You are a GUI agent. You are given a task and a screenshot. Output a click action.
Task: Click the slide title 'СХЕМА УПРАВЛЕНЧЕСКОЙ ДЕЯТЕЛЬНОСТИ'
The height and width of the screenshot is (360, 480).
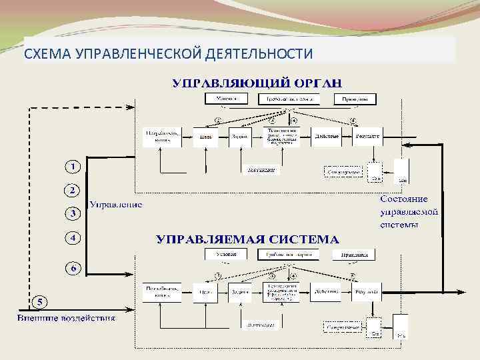(168, 53)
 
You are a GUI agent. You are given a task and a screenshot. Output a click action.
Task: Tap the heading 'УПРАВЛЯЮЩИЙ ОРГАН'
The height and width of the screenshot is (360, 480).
(257, 83)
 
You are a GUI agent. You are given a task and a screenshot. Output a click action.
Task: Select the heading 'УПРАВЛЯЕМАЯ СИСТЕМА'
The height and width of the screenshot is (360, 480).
(247, 238)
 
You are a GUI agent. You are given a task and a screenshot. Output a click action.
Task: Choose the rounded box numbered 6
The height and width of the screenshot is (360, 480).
(73, 268)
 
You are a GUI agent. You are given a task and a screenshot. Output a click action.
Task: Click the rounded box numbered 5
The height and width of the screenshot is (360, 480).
(40, 302)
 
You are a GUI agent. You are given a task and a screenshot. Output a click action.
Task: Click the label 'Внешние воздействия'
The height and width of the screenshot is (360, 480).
(66, 318)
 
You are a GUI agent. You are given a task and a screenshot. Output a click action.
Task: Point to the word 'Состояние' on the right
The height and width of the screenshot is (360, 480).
(404, 199)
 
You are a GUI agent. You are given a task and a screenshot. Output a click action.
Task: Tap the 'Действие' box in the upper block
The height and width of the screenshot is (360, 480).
(326, 136)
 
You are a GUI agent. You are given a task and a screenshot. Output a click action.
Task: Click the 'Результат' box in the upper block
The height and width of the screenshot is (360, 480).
(368, 136)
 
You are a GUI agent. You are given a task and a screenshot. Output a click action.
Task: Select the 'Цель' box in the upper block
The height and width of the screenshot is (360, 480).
(206, 136)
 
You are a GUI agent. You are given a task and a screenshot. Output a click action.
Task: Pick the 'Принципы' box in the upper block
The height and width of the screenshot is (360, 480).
(359, 99)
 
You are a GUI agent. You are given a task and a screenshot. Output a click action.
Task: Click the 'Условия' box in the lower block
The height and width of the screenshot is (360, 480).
(225, 254)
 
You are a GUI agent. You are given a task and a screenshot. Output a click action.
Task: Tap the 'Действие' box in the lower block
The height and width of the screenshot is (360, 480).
(325, 291)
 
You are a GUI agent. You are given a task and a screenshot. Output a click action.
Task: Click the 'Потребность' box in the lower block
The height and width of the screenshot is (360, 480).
(161, 291)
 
